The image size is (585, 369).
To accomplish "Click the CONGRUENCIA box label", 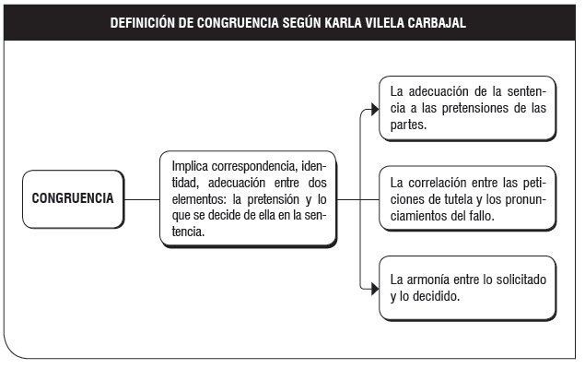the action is click(x=73, y=198).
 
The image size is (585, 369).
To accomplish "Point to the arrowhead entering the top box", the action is click(x=375, y=110).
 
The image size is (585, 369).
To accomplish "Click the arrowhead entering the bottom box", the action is click(x=375, y=289).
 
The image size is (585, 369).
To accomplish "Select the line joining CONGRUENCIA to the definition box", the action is click(x=142, y=199).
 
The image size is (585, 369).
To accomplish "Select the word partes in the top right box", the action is click(x=408, y=125).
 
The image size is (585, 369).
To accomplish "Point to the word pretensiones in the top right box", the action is click(x=475, y=108).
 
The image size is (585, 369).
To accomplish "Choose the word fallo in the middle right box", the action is click(x=482, y=216).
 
